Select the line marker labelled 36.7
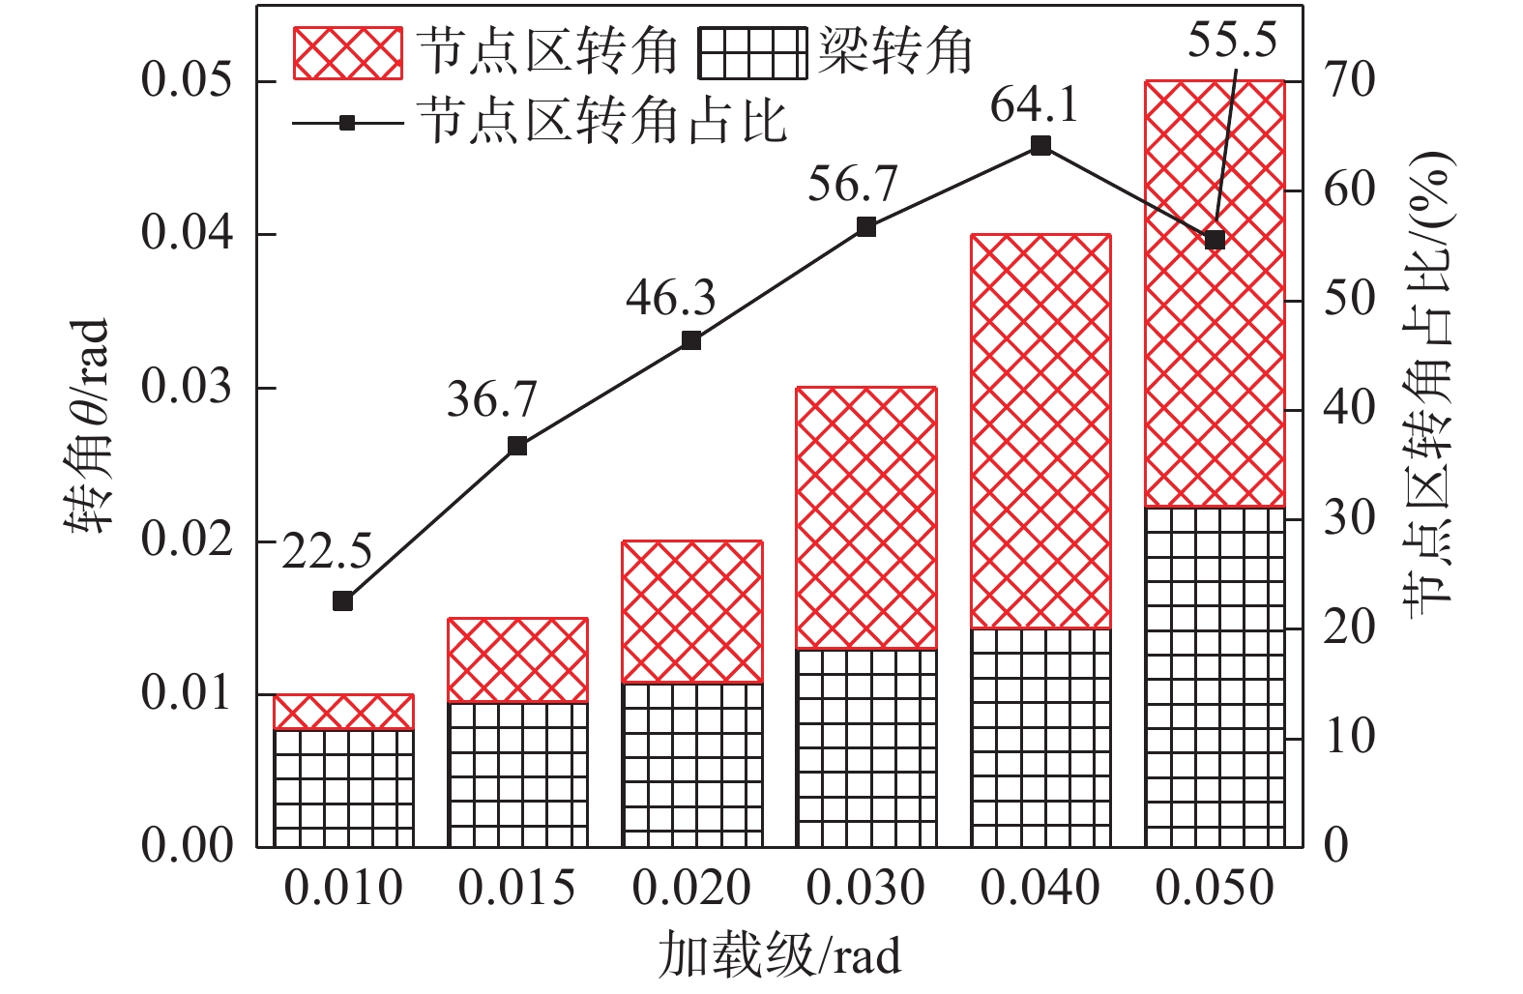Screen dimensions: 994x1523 (x=517, y=446)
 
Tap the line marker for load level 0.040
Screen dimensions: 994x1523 (x=1040, y=146)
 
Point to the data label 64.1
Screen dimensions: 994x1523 (x=1034, y=104)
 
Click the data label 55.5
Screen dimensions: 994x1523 (x=1231, y=41)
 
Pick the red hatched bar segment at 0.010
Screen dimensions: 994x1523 (x=343, y=713)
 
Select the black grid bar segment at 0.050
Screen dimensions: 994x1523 (x=1215, y=677)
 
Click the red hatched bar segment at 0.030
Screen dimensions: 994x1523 (x=866, y=518)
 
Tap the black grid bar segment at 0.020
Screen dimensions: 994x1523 (x=692, y=765)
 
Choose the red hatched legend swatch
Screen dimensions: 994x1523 (x=347, y=52)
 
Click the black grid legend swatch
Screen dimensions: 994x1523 (x=751, y=52)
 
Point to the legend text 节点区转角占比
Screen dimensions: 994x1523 (x=602, y=123)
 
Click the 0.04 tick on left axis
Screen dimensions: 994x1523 (x=188, y=234)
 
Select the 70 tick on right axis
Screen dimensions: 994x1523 (x=1349, y=81)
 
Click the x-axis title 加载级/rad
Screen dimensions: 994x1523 (x=779, y=956)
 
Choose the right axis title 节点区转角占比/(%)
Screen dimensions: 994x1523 (x=1430, y=377)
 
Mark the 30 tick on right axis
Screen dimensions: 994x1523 (x=1349, y=518)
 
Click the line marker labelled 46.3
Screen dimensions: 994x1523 (x=691, y=340)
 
